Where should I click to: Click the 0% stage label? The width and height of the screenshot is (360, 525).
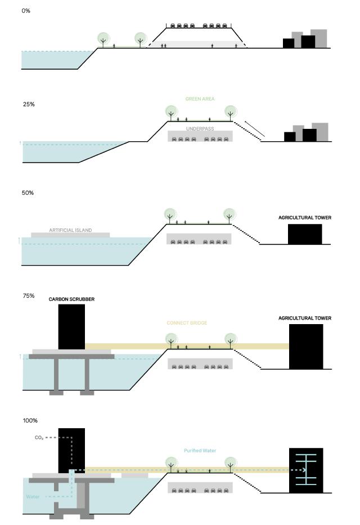(26, 11)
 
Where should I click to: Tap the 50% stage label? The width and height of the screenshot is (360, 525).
(28, 193)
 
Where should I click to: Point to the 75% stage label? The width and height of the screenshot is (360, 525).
(28, 295)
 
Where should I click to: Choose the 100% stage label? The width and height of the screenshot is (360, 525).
(29, 420)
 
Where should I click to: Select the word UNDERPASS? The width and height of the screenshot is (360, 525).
(200, 128)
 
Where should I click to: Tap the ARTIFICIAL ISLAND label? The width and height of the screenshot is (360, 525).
(70, 230)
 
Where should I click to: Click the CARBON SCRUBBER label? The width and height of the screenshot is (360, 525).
(71, 299)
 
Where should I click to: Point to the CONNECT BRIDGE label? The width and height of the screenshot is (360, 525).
(187, 323)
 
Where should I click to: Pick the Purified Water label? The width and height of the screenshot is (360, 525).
(200, 451)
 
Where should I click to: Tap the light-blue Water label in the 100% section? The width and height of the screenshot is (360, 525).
(33, 497)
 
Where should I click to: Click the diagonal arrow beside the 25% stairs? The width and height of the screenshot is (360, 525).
(254, 131)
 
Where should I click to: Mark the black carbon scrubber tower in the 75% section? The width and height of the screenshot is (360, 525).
(71, 326)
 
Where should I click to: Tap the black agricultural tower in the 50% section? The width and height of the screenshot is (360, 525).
(305, 234)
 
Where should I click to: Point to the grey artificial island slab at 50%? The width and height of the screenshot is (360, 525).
(70, 235)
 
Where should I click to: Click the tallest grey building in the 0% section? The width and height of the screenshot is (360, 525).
(319, 38)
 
